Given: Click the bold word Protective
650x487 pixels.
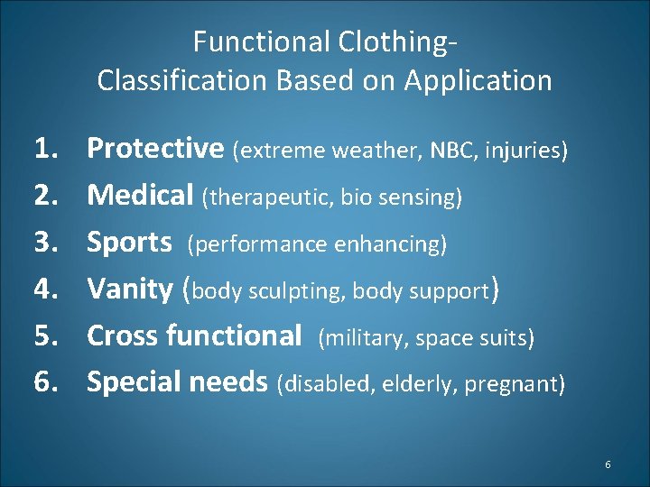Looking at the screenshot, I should pos(154,149).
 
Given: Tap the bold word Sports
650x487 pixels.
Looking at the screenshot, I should pos(129,243).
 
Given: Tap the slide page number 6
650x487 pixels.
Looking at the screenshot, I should pos(608,464).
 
